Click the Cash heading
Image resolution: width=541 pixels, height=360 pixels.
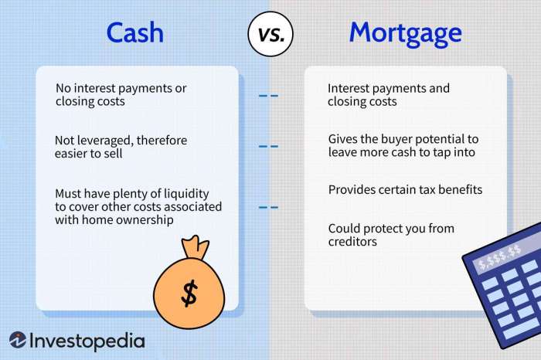(135, 32)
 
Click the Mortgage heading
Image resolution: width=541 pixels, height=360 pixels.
(405, 33)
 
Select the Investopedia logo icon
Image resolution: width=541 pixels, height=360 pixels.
(17, 341)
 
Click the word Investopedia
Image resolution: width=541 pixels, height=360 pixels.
(87, 341)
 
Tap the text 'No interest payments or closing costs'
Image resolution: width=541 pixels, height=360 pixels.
(120, 95)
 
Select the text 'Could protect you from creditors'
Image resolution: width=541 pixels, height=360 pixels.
(391, 235)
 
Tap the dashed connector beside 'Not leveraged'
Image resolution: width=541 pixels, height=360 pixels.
(268, 146)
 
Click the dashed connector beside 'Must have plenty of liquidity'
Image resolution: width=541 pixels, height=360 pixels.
(268, 207)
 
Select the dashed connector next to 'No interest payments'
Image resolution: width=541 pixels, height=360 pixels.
(268, 97)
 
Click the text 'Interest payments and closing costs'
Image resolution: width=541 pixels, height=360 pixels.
(388, 95)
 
